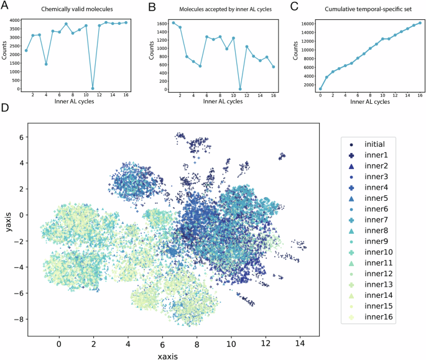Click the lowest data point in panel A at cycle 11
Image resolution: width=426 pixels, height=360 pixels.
point(93,88)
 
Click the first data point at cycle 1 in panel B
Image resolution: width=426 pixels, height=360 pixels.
point(173,23)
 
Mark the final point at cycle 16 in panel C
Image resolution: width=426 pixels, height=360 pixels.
point(419,23)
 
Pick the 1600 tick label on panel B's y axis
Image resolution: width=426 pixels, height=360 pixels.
point(159,24)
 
